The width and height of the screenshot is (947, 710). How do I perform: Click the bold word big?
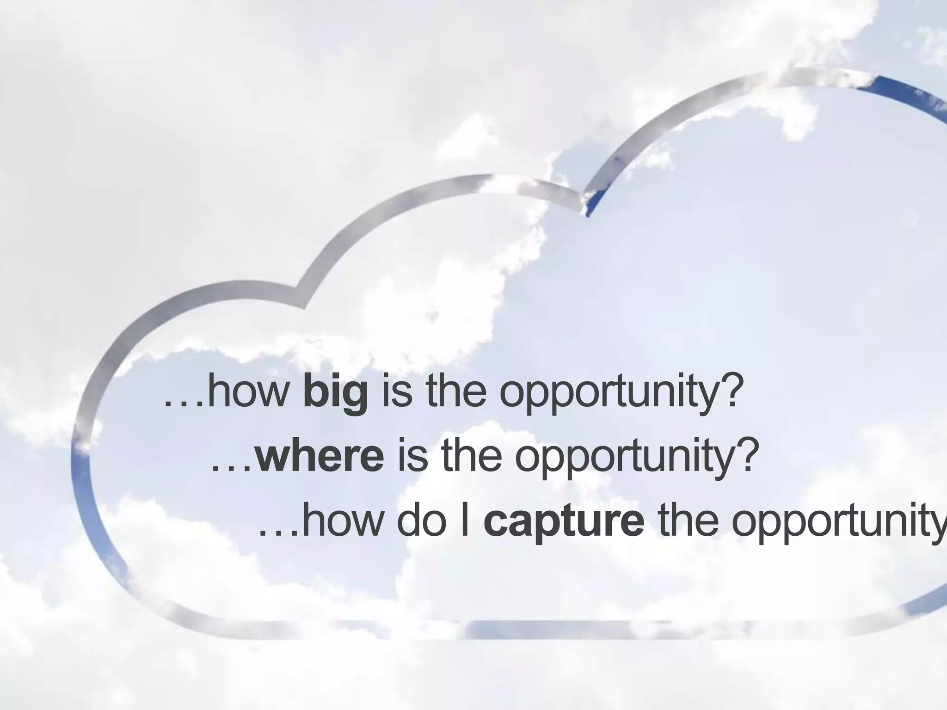(336, 393)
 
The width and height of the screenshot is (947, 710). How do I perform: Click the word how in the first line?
(247, 393)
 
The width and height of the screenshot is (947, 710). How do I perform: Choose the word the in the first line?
(455, 393)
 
